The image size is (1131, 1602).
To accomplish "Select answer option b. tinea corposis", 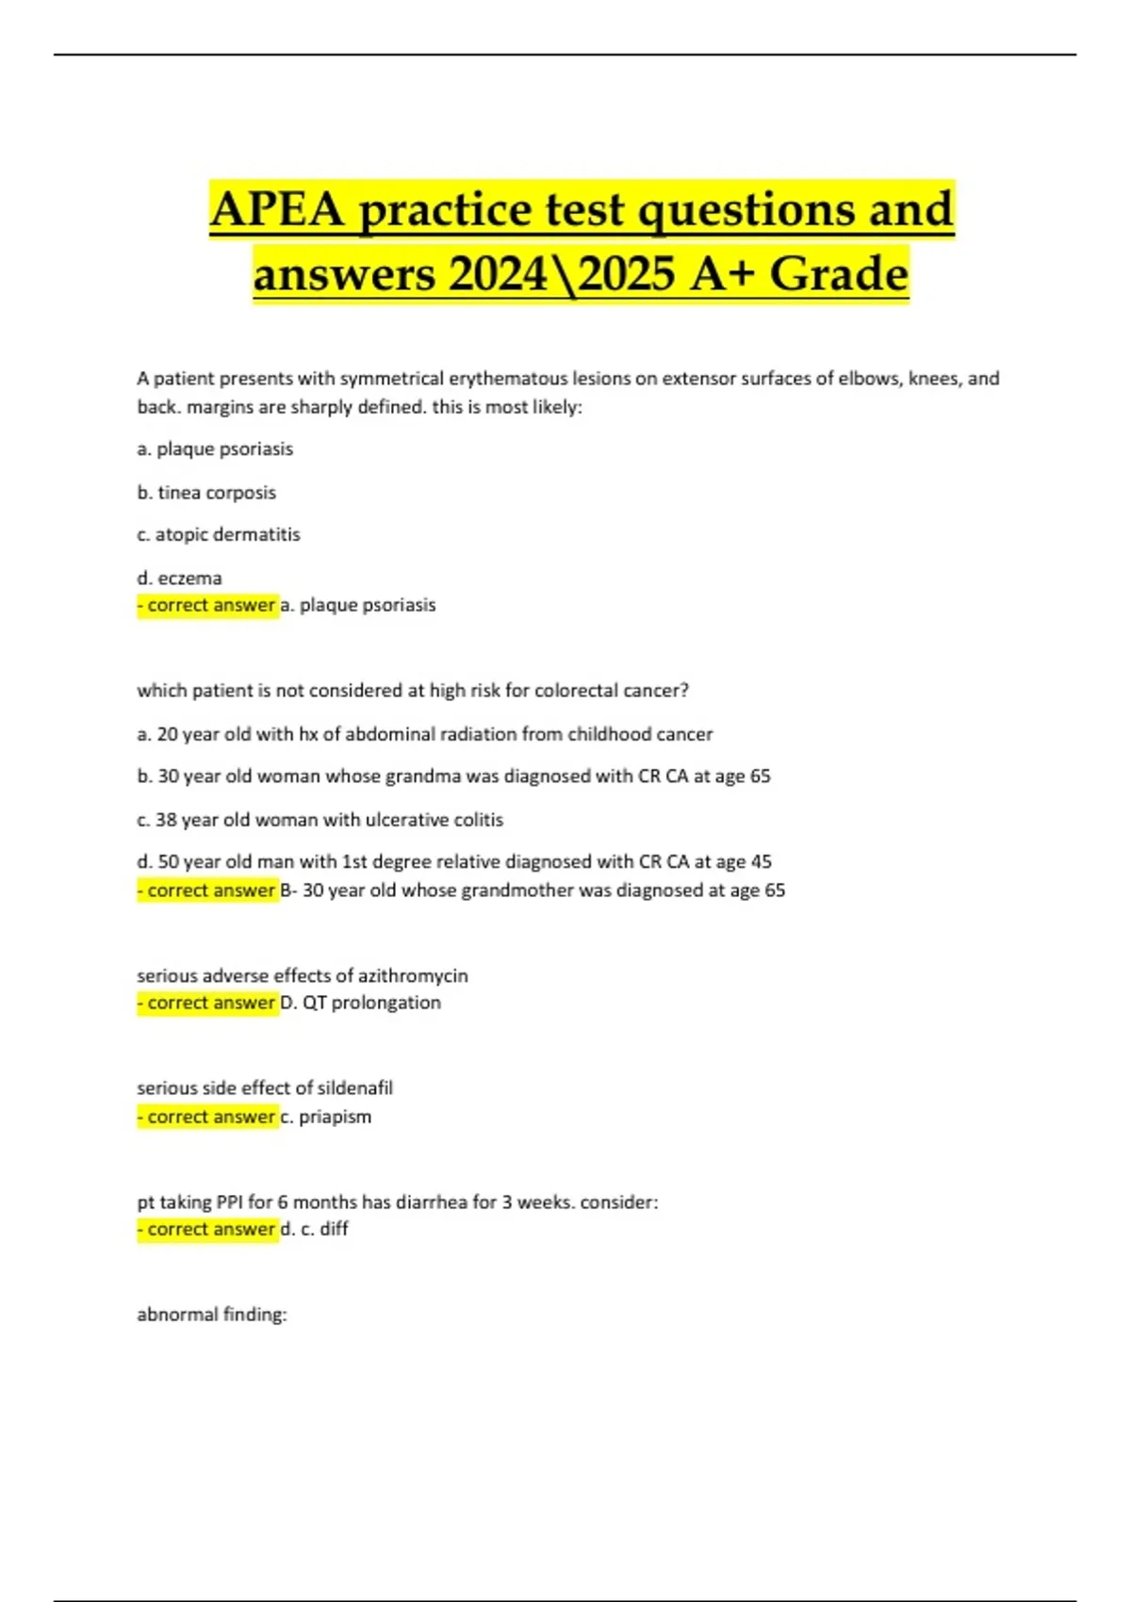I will point(206,492).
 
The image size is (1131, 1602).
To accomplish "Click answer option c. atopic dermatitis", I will point(219,534).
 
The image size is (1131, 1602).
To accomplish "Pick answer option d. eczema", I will point(179,578).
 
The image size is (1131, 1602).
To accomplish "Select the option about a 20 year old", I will point(424,734).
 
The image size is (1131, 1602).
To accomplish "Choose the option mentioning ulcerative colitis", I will point(320,820).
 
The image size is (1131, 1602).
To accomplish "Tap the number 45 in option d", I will point(761,861).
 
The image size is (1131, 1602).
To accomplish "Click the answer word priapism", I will point(335,1117).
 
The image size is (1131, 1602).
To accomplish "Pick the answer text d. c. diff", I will point(315,1229).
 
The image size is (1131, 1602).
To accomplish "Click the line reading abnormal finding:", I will point(212,1314).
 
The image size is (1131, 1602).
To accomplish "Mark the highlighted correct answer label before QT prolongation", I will point(208,1003).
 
